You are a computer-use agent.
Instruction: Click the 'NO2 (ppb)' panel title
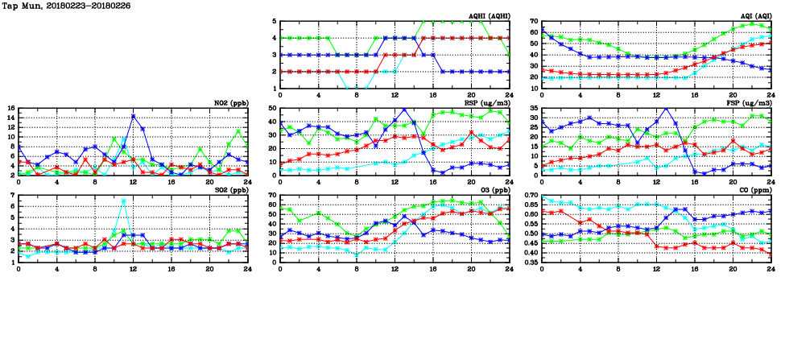tap(230, 103)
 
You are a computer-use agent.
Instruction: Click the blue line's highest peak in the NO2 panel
tap(133, 117)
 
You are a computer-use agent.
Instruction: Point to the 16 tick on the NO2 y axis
tap(11, 108)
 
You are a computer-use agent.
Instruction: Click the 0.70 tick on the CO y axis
tap(530, 196)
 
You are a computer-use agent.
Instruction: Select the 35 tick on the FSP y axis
tap(533, 108)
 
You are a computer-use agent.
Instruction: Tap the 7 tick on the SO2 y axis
tap(13, 196)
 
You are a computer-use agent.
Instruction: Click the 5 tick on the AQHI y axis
tap(275, 21)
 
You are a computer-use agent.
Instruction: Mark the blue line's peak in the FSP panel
tap(666, 108)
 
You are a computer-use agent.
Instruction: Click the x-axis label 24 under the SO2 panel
tap(247, 269)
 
